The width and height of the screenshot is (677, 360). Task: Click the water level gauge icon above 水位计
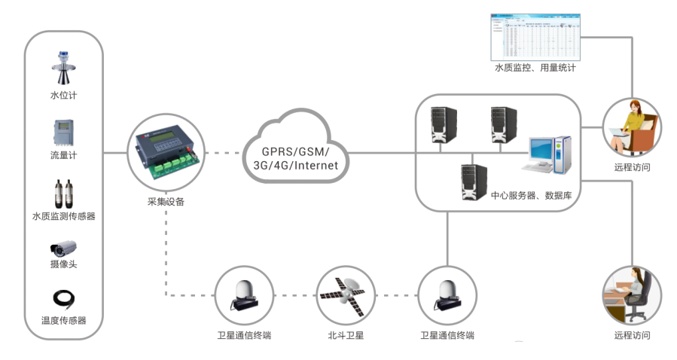64,69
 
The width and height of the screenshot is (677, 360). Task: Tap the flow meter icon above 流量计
64,133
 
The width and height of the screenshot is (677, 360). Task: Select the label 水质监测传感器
64,216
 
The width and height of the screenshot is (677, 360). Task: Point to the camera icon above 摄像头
64,248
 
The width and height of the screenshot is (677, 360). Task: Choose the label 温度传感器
64,321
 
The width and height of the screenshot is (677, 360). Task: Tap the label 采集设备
166,203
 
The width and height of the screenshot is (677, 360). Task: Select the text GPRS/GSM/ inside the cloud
296,148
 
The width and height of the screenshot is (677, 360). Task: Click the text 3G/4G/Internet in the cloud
296,165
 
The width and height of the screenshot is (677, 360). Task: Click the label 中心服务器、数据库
532,196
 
